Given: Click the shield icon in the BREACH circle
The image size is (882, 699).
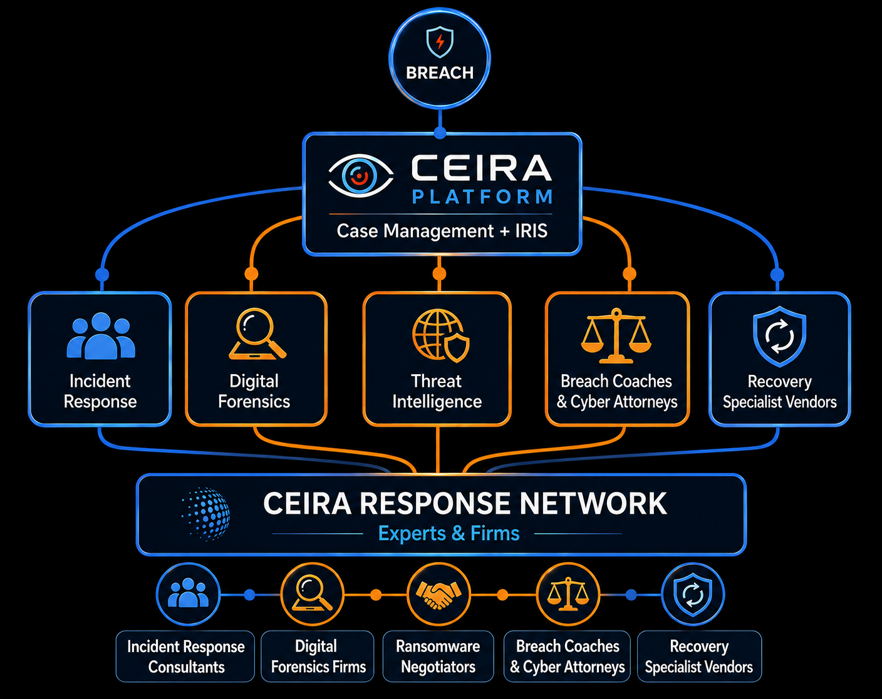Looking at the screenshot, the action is point(440,42).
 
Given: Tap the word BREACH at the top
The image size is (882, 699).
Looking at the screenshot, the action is point(440,73).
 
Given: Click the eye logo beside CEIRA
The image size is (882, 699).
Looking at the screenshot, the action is point(361,176).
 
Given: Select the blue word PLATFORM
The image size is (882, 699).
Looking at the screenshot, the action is point(482,197).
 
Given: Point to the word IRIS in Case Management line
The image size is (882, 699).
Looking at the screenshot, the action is point(531,230).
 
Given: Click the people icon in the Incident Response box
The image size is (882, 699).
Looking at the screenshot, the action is point(100,336).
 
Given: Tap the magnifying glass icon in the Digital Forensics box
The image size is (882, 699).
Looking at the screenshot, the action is point(257,334).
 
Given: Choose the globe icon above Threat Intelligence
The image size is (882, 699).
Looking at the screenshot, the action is point(440,336).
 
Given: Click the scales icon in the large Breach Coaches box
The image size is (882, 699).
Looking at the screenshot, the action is point(616,336).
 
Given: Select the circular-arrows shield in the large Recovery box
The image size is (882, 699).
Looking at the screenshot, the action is point(779,336).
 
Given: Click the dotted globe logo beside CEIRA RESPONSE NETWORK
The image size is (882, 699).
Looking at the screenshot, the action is point(205,514).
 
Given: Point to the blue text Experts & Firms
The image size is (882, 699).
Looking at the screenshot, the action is point(449,533).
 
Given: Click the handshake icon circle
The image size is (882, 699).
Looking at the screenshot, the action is point(438,594).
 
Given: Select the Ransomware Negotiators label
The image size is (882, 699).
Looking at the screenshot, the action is point(438,656).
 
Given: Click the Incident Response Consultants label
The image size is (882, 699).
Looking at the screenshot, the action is point(185,656).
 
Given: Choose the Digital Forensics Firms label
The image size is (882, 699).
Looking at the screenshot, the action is point(318,656).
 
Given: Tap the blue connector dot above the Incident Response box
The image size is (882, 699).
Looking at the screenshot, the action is point(102,274).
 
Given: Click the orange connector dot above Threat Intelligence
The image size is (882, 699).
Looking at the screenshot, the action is point(439,273).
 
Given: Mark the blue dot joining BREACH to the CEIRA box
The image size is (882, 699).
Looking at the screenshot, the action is point(440,133).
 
